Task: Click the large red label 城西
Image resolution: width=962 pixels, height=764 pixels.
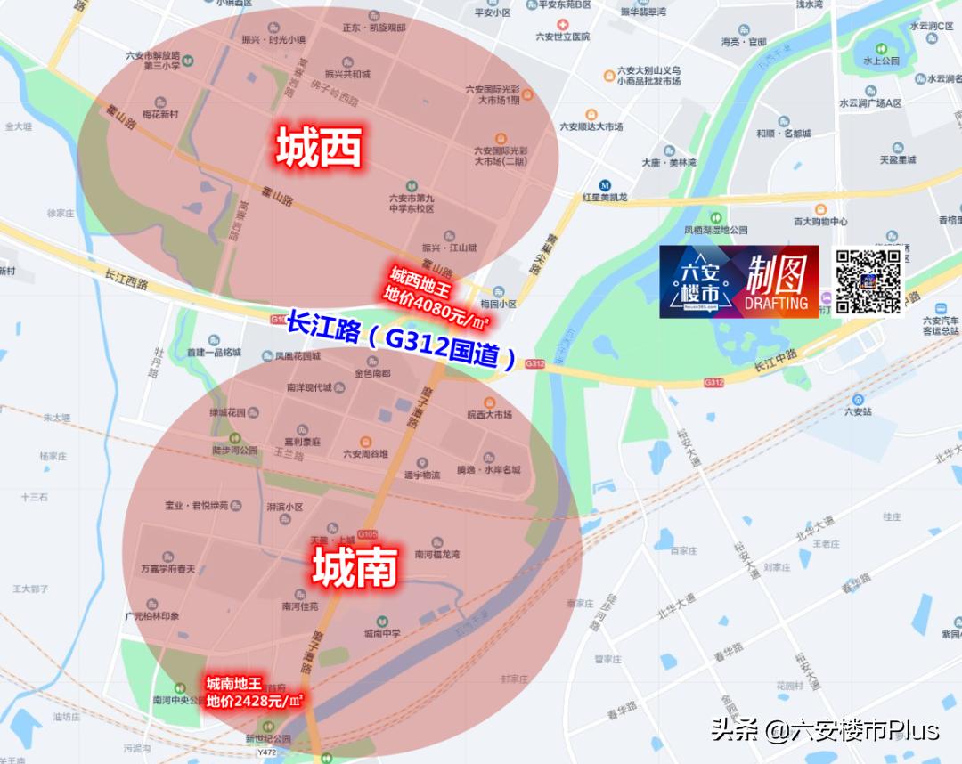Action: pos(319,149)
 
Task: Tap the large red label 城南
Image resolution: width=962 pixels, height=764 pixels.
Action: pos(354,567)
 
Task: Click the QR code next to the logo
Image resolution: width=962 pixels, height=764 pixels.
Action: pos(868,281)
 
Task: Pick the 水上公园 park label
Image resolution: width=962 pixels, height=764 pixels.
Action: pos(881,61)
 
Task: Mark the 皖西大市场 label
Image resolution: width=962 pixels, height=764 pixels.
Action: pos(489,414)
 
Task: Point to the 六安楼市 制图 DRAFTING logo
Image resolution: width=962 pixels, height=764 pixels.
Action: pos(738,281)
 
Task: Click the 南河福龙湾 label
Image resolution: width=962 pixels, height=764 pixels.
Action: pos(437,553)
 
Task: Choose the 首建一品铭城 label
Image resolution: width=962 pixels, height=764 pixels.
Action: pos(214,352)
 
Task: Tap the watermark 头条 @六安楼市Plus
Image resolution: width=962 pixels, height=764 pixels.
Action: pos(825,730)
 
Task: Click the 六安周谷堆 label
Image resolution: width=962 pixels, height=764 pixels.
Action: pos(365,453)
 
